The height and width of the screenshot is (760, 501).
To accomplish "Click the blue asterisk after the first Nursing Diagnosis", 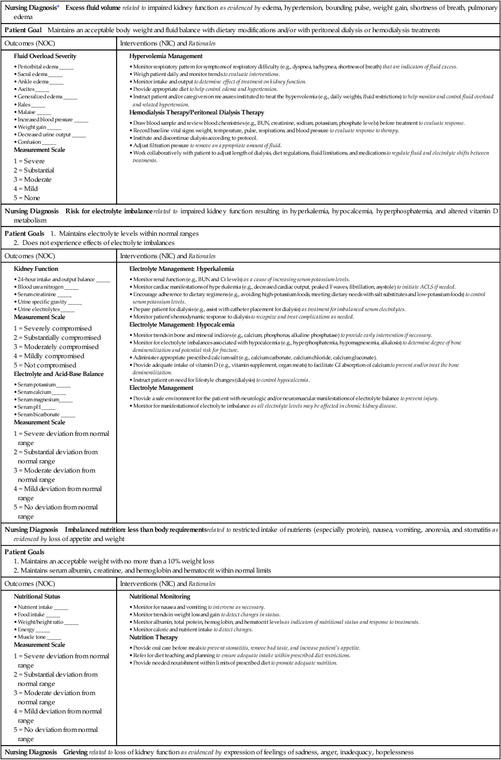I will click(x=57, y=7).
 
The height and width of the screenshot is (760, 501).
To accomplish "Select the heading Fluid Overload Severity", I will click(x=45, y=56).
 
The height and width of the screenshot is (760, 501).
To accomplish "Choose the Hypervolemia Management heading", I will click(x=166, y=56).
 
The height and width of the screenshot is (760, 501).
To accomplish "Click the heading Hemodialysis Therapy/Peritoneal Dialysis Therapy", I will click(x=196, y=113).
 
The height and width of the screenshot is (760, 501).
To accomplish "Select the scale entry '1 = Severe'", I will click(x=29, y=162).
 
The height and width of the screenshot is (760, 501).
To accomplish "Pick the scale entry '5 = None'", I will click(x=28, y=198).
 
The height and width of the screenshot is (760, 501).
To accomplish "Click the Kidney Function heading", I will click(x=36, y=269).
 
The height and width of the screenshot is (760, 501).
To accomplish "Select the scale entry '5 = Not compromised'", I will click(x=49, y=365).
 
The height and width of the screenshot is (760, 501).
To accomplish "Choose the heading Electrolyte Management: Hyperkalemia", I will click(x=182, y=269).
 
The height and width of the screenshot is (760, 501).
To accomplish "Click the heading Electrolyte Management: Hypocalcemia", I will click(x=182, y=325).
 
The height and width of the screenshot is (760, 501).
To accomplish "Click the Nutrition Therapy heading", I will click(x=154, y=638).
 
